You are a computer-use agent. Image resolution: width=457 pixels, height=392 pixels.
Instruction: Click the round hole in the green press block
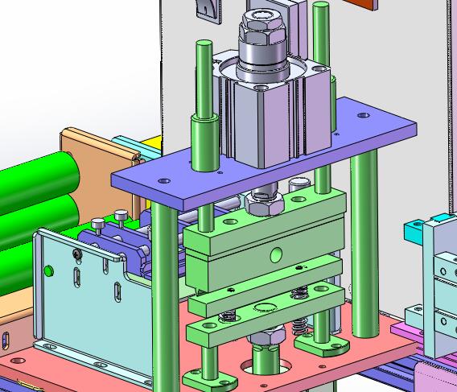click(277, 255)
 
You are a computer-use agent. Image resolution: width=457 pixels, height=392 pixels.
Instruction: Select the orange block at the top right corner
click(361, 4)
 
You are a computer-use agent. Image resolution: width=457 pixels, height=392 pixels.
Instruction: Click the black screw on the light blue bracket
click(77, 254)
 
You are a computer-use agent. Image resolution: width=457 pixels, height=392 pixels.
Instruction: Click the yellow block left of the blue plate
click(150, 146)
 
